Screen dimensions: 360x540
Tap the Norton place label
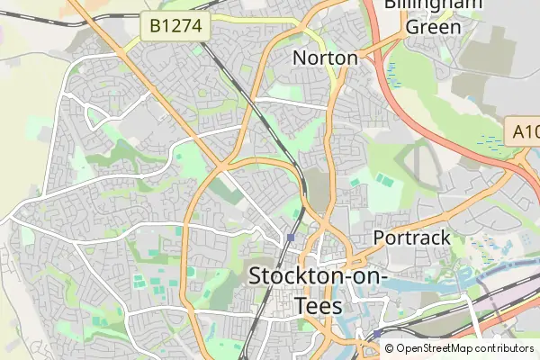[x=326, y=58]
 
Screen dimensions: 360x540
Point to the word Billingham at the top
[x=433, y=4]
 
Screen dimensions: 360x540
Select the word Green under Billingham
[x=433, y=26]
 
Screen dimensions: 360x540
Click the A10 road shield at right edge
[x=524, y=131]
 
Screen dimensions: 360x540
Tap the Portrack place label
[x=411, y=238]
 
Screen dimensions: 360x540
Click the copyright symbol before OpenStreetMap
[x=390, y=348]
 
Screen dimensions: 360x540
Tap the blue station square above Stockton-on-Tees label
[x=292, y=238]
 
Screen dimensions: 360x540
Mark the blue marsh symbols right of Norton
[x=392, y=68]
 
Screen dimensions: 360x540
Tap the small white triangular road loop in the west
[x=95, y=115]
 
